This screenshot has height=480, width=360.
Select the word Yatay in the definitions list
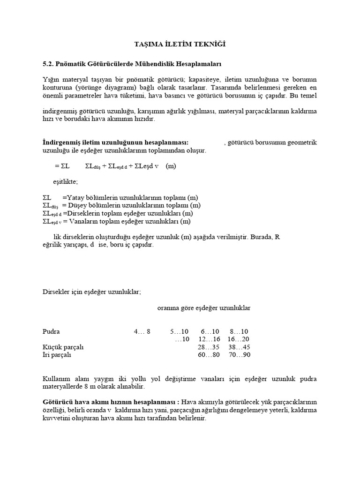pyautogui.click(x=77, y=197)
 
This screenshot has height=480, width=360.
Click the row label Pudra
pyautogui.click(x=51, y=331)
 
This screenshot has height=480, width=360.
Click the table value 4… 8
pyautogui.click(x=142, y=331)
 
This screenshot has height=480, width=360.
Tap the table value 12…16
pyautogui.click(x=209, y=339)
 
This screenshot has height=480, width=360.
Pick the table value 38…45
pyautogui.click(x=240, y=347)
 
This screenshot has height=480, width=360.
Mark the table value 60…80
pyautogui.click(x=209, y=355)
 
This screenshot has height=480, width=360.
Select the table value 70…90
pyautogui.click(x=240, y=355)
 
